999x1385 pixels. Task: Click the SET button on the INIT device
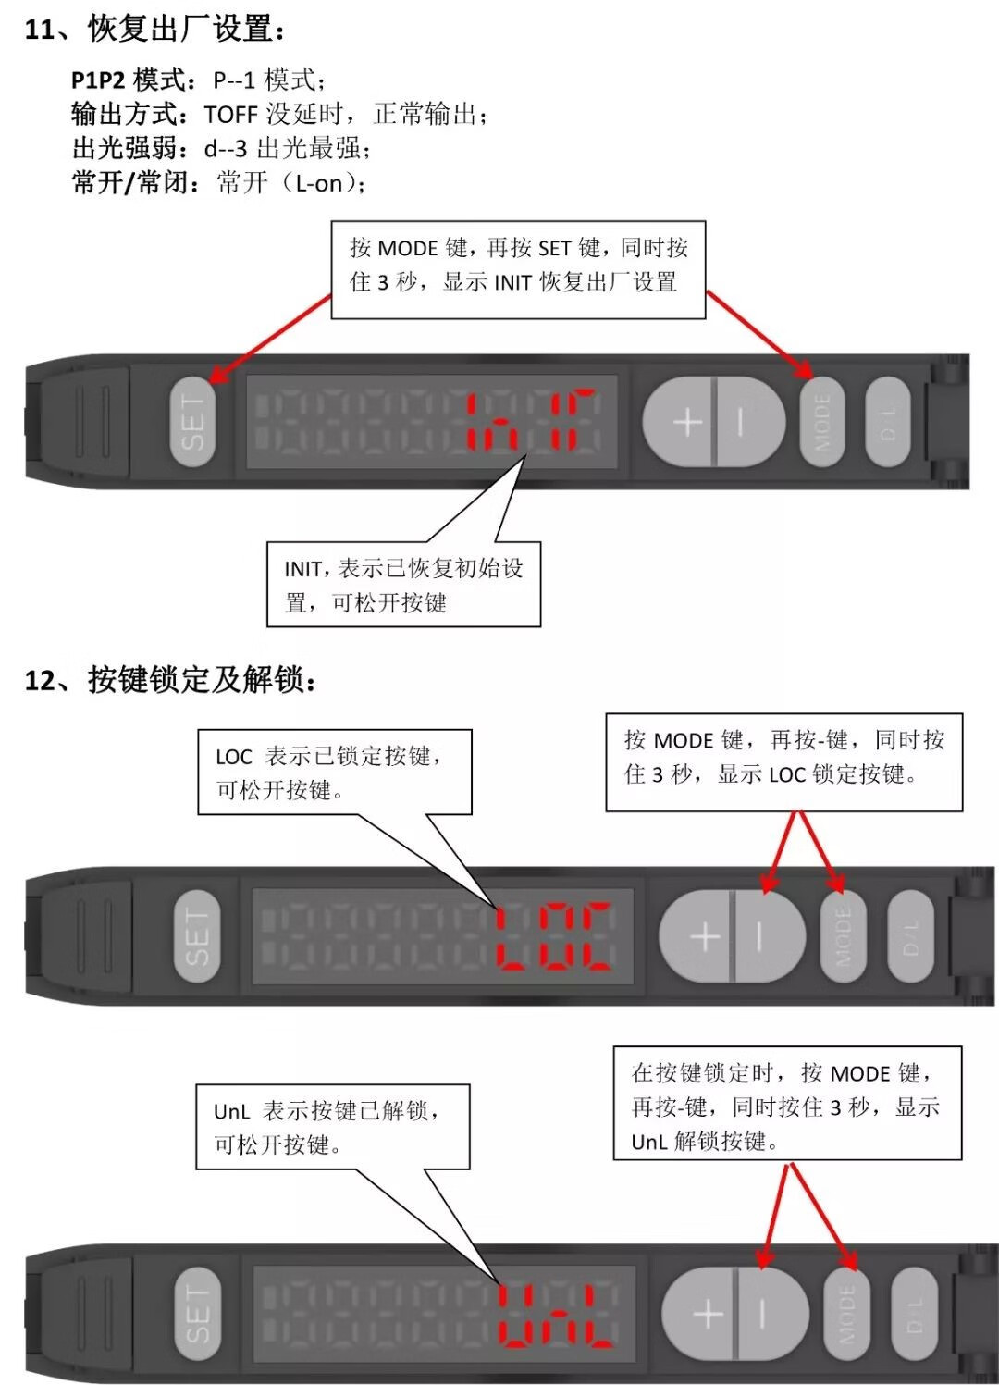pyautogui.click(x=192, y=421)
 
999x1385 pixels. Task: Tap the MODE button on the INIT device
pyautogui.click(x=821, y=422)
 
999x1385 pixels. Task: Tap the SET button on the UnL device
pyautogui.click(x=197, y=1313)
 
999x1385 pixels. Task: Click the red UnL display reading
pyautogui.click(x=557, y=1314)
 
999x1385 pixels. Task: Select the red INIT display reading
pyautogui.click(x=530, y=421)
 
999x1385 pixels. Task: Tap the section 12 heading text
pyautogui.click(x=171, y=680)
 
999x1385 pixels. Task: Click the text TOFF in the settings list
pyautogui.click(x=230, y=115)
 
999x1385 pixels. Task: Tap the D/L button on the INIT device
pyautogui.click(x=886, y=422)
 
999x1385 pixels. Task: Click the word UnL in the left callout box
pyautogui.click(x=231, y=1111)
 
